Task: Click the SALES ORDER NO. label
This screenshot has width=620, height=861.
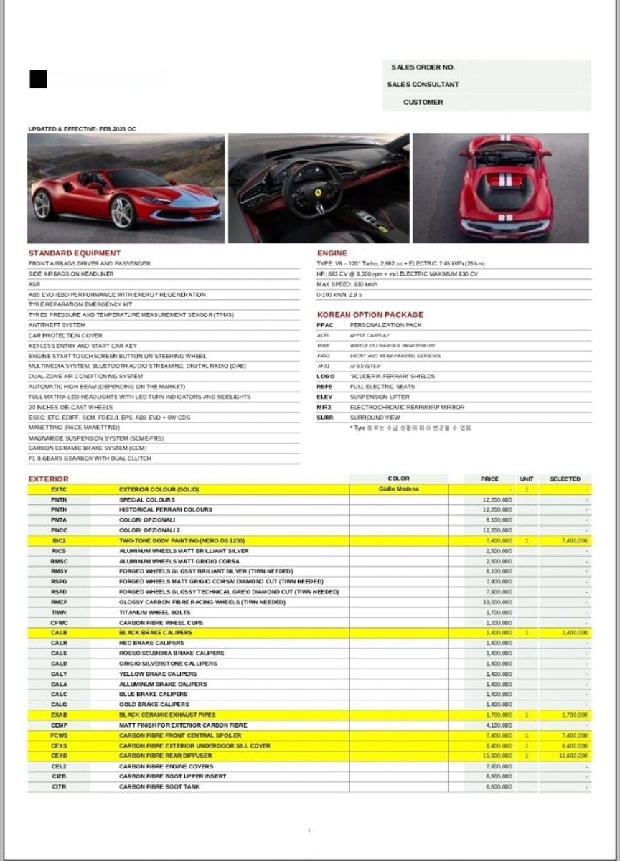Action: pyautogui.click(x=423, y=67)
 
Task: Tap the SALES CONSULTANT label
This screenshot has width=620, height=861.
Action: pyautogui.click(x=423, y=85)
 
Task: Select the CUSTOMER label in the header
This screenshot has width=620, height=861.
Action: pyautogui.click(x=423, y=103)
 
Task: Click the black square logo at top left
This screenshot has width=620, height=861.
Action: pyautogui.click(x=38, y=79)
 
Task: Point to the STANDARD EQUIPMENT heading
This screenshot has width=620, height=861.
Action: pyautogui.click(x=75, y=253)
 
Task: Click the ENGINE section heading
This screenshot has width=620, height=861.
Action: pyautogui.click(x=332, y=253)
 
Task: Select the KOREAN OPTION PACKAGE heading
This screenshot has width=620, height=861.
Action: pyautogui.click(x=370, y=315)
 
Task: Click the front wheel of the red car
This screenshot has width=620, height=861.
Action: pyautogui.click(x=122, y=212)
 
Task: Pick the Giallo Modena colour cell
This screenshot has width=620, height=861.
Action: pyautogui.click(x=398, y=489)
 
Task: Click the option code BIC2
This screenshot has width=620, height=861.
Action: pyautogui.click(x=59, y=541)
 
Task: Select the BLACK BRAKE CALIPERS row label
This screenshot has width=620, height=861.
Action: pyautogui.click(x=156, y=633)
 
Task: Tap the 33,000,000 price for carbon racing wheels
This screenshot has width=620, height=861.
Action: pyautogui.click(x=498, y=602)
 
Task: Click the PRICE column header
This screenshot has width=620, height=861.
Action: pyautogui.click(x=490, y=479)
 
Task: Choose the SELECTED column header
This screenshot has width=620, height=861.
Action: pyautogui.click(x=565, y=479)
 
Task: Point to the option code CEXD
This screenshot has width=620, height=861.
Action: pyautogui.click(x=59, y=756)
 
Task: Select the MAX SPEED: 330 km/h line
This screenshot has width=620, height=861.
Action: pyautogui.click(x=347, y=284)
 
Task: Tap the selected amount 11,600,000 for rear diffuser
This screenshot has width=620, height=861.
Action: pyautogui.click(x=573, y=756)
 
